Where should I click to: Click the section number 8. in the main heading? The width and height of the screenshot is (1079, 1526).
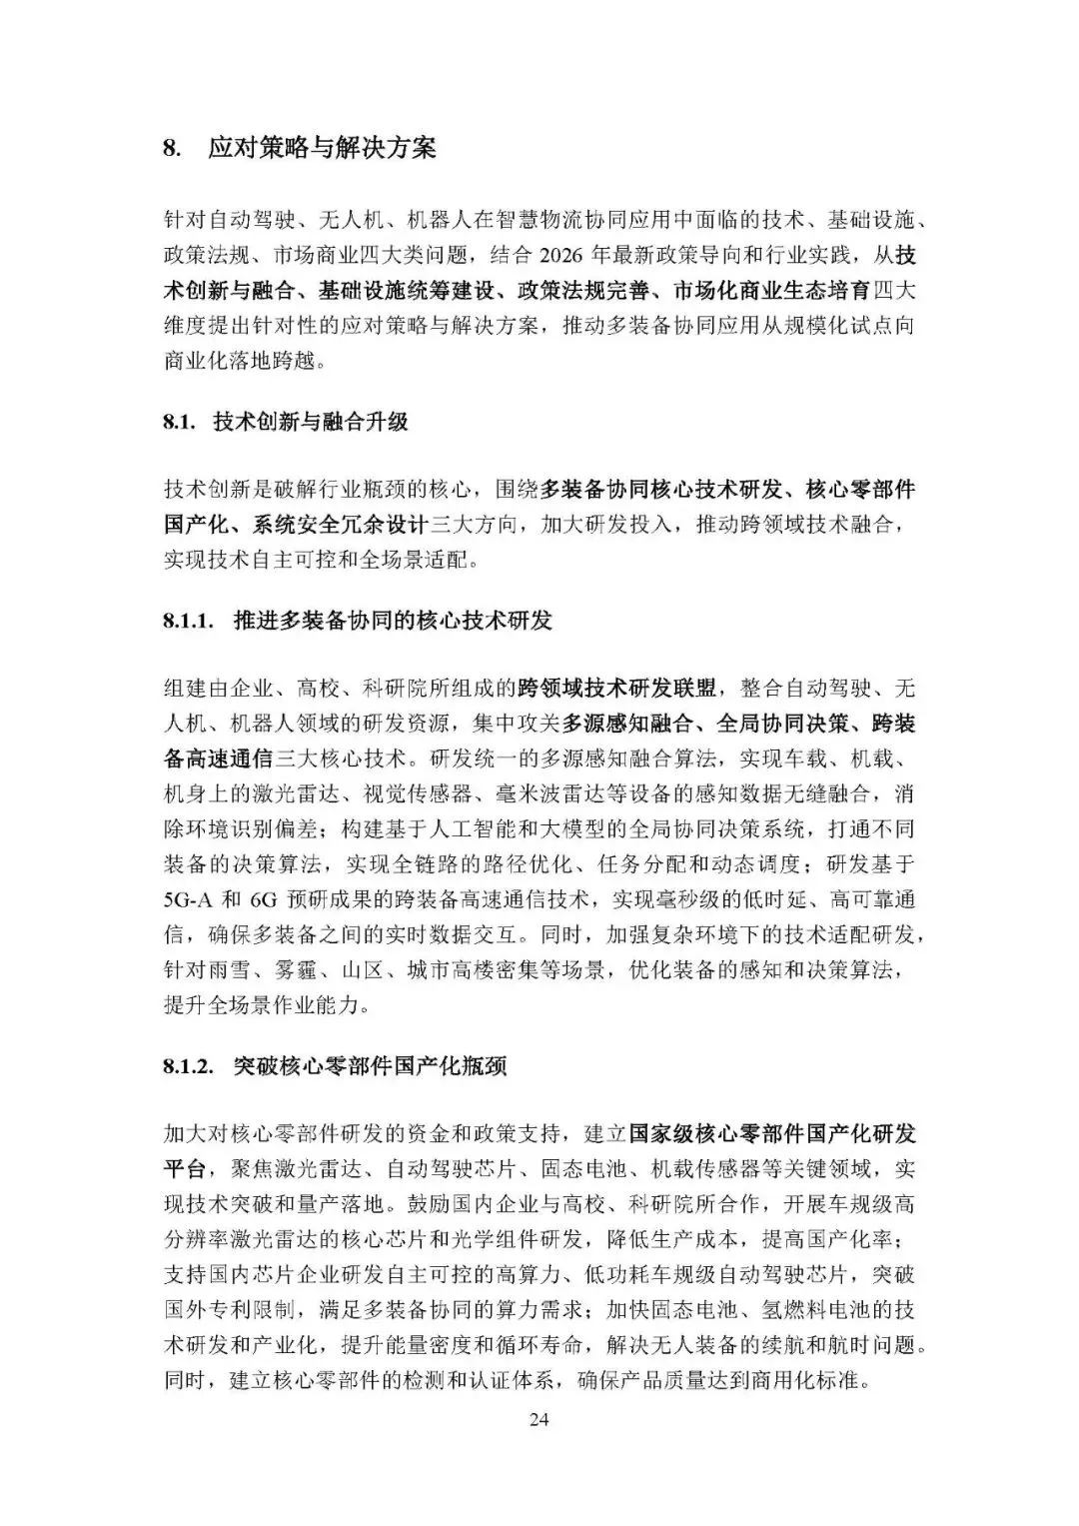click(x=171, y=149)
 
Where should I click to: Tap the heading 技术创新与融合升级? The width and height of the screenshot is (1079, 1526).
click(x=311, y=422)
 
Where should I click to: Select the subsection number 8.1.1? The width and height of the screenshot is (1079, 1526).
click(x=188, y=621)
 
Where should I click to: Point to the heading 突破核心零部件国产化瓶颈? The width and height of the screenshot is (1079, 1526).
click(x=370, y=1066)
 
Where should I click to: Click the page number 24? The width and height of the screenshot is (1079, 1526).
click(x=539, y=1419)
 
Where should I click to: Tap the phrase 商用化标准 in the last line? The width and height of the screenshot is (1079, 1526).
click(x=815, y=1382)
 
